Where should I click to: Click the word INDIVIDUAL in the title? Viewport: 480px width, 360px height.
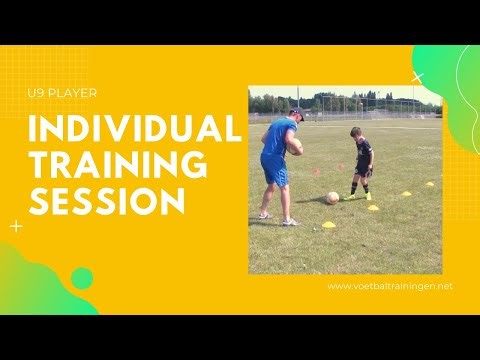click(135, 130)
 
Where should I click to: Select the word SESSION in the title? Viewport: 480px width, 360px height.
click(106, 200)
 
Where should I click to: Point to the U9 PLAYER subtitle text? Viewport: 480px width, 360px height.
click(63, 95)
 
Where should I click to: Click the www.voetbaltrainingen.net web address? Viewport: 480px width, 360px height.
click(390, 286)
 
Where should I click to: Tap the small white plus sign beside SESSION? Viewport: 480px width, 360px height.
click(16, 226)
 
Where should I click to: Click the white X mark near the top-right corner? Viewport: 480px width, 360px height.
click(418, 76)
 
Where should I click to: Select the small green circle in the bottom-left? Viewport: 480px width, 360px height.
click(82, 279)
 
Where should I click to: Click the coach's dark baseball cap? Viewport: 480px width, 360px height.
click(296, 113)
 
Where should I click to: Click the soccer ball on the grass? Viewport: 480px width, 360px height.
click(332, 198)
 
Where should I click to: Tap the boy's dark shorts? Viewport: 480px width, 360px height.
click(363, 170)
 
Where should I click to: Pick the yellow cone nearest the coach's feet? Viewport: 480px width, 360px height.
click(328, 224)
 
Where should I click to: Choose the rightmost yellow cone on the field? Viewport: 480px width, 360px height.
click(430, 183)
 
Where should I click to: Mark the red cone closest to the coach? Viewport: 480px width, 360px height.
click(316, 172)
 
